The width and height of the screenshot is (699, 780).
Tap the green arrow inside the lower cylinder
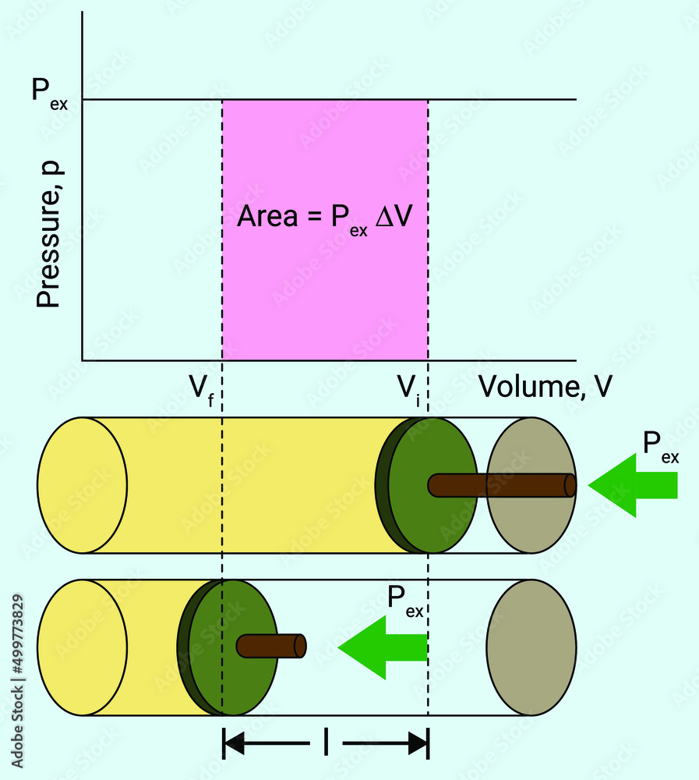tap(383, 646)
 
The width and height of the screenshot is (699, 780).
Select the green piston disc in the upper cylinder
tap(432, 485)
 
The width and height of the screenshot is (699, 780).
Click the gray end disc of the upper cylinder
tap(531, 485)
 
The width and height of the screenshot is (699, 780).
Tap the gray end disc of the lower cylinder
tap(531, 647)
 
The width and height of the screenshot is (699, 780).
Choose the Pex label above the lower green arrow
tap(405, 601)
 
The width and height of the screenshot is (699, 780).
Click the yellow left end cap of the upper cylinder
tap(82, 485)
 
